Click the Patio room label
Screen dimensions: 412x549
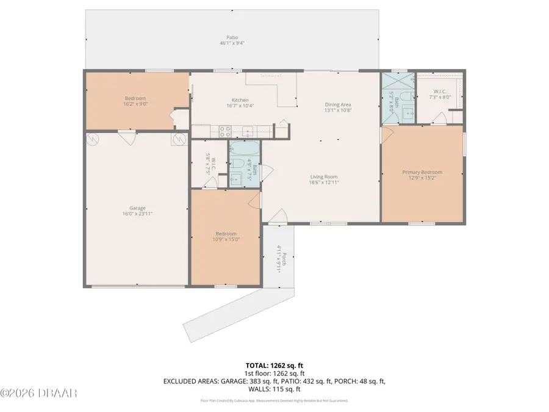(x=228, y=37)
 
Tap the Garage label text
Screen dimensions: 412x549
(x=137, y=208)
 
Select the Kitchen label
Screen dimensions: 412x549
(x=240, y=100)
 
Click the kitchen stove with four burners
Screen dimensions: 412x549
(x=223, y=129)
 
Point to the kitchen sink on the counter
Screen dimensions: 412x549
(x=248, y=130)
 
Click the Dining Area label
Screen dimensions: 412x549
(x=337, y=104)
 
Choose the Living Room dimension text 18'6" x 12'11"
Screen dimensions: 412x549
(x=323, y=182)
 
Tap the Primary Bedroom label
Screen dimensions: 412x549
(x=422, y=172)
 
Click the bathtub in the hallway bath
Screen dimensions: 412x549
(x=244, y=148)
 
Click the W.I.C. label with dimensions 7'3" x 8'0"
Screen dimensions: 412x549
(x=439, y=93)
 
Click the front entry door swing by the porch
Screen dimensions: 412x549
(x=278, y=216)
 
